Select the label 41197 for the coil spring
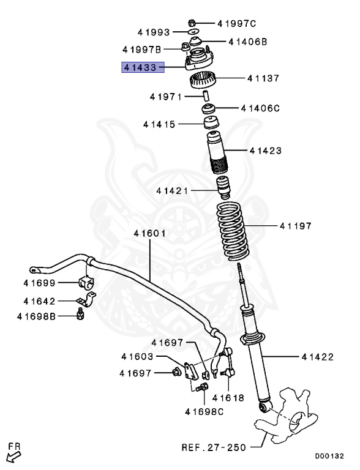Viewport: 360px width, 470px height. (x=296, y=226)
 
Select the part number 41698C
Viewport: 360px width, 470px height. (x=204, y=411)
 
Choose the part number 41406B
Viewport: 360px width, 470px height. (x=248, y=42)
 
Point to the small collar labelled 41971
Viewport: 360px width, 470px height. (x=206, y=96)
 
